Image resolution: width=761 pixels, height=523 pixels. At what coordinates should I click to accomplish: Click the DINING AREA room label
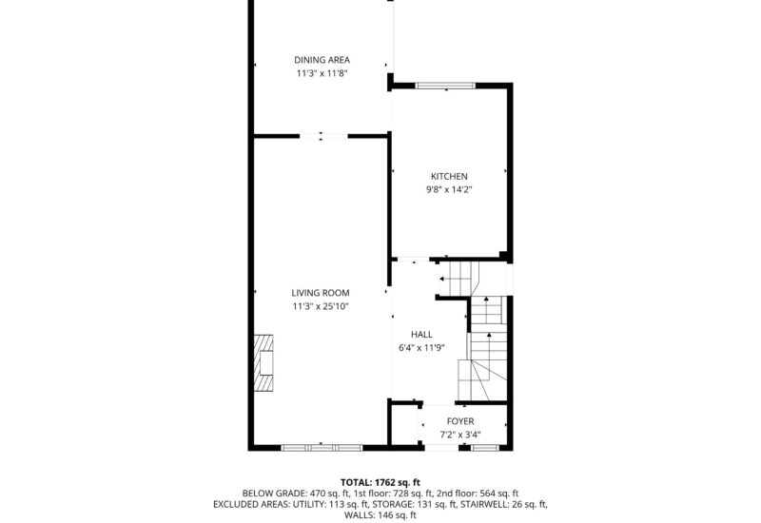(x=321, y=60)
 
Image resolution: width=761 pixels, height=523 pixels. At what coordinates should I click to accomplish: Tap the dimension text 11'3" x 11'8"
(x=321, y=73)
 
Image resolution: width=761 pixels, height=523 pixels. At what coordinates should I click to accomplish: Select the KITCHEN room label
(x=449, y=176)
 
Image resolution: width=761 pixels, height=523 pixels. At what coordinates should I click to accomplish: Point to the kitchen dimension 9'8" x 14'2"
(x=449, y=189)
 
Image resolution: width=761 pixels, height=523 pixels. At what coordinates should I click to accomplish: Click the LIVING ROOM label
(x=321, y=293)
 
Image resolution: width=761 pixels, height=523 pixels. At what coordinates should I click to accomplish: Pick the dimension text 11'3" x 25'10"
(x=321, y=306)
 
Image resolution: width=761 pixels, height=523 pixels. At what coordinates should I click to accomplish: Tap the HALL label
(x=421, y=335)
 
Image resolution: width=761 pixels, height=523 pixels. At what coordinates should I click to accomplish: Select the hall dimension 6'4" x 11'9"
(x=421, y=348)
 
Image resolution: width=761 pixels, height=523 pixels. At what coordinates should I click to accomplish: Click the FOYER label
(x=460, y=421)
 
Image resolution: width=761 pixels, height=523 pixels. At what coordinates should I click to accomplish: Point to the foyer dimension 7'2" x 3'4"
(x=460, y=435)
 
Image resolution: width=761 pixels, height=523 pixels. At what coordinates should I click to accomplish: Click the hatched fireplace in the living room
(x=263, y=362)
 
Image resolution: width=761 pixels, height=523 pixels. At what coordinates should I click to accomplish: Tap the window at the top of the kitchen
(x=445, y=86)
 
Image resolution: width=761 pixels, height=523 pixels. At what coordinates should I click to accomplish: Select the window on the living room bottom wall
(x=321, y=446)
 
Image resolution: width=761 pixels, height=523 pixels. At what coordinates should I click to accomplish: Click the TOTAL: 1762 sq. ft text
(x=380, y=482)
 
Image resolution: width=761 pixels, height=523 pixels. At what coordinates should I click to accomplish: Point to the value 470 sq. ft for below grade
(x=326, y=494)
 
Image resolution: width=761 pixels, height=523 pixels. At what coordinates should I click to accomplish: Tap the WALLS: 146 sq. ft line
(x=380, y=515)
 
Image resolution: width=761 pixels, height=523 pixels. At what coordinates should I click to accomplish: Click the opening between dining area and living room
(x=322, y=136)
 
